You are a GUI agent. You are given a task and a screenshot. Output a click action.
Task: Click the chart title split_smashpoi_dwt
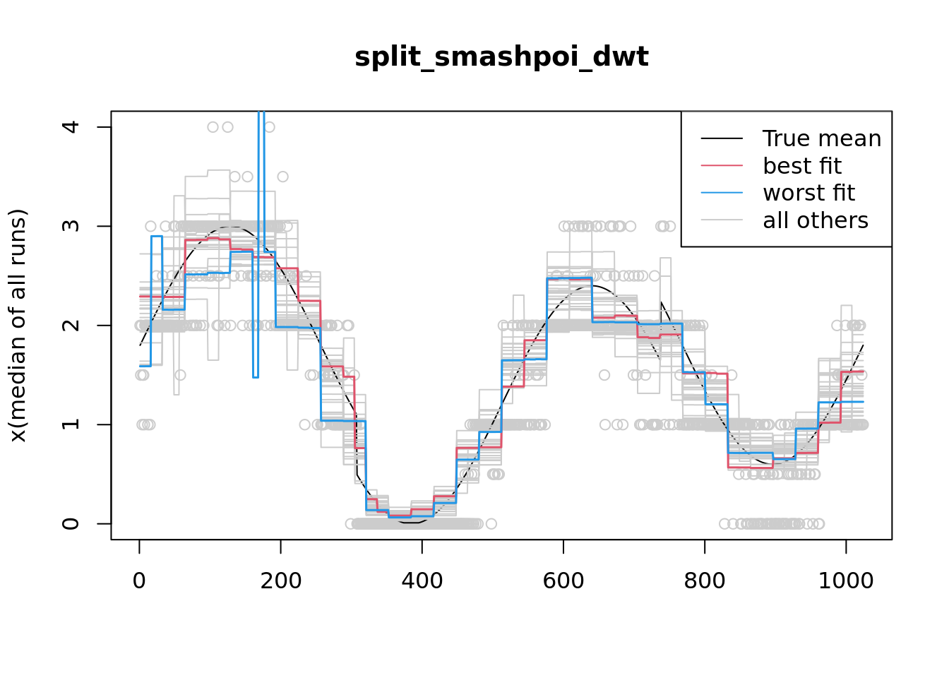[501, 57]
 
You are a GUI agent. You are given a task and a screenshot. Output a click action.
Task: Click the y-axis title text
[18, 326]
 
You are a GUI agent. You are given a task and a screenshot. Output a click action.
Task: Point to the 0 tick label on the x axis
[140, 581]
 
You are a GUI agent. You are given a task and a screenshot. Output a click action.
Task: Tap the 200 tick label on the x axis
[281, 581]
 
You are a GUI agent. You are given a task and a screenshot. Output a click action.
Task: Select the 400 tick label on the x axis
[422, 581]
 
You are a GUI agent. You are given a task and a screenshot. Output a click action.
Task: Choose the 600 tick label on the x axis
[563, 581]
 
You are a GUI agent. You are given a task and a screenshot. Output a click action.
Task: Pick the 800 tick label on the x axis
[705, 581]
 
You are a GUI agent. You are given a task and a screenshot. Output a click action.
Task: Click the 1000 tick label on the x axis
[846, 581]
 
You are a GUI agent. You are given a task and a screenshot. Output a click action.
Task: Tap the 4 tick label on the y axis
[71, 127]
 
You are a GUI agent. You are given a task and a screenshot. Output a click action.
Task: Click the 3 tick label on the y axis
[71, 226]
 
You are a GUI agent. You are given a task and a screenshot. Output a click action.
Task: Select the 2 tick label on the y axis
[71, 326]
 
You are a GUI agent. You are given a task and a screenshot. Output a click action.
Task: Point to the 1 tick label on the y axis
[71, 424]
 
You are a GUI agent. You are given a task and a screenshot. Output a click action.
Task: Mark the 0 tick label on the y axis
[71, 523]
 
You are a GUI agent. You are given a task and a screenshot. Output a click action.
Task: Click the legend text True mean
[822, 138]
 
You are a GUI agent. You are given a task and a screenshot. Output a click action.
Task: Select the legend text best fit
[802, 166]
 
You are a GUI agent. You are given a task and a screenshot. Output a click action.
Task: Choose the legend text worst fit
[809, 193]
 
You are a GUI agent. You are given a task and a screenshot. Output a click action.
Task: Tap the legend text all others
[816, 220]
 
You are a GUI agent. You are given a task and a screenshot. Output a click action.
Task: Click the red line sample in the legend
[722, 166]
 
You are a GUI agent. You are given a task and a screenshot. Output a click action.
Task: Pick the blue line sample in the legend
[722, 193]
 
